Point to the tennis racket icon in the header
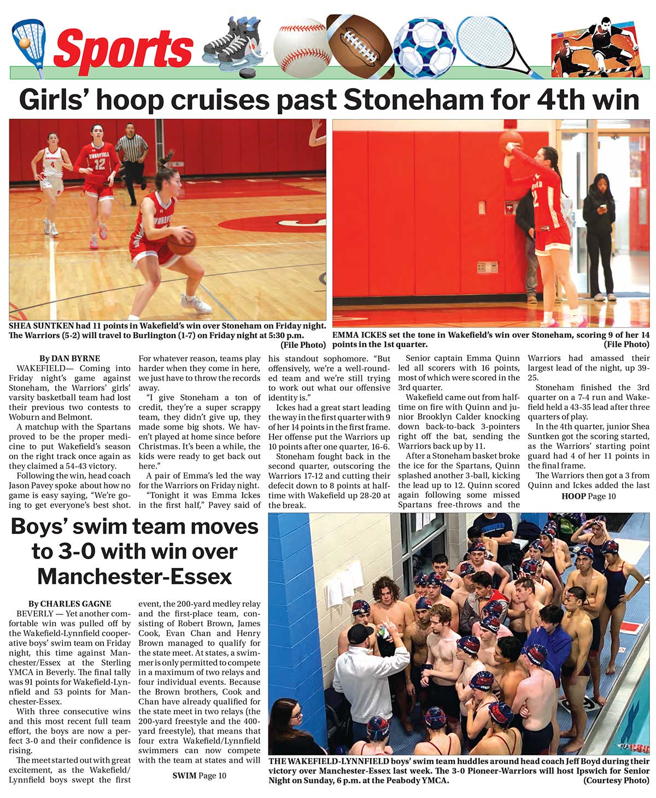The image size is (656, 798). pos(492,46)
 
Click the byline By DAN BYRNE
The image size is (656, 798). pos(69,359)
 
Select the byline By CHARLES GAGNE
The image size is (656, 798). pos(69,604)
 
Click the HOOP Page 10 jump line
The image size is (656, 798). pos(588,496)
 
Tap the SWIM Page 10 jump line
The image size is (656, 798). pos(199,776)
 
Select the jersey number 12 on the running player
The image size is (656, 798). pos(99,162)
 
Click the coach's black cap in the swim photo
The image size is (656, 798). pos(360,634)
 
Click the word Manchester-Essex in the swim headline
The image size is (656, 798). pos(134,577)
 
